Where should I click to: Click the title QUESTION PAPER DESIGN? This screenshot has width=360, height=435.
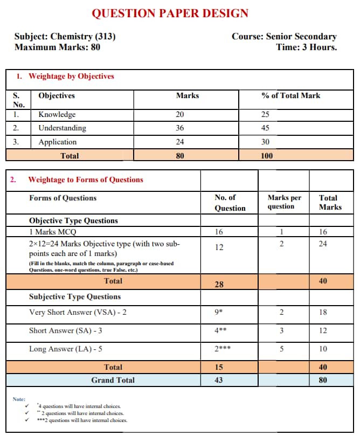(x=170, y=13)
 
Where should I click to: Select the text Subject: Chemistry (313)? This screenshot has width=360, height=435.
(x=65, y=37)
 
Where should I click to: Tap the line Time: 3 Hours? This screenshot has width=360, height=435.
(x=306, y=47)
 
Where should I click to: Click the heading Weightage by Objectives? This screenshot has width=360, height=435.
(x=71, y=77)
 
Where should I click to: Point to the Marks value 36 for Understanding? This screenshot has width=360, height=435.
(x=179, y=128)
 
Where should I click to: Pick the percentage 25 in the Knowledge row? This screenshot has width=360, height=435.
(x=265, y=115)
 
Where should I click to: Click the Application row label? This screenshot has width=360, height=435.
(x=57, y=142)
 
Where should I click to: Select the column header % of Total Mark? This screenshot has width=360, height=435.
(x=290, y=96)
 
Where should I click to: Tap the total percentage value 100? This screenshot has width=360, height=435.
(x=266, y=156)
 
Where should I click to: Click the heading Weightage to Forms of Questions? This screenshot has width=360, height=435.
(x=86, y=180)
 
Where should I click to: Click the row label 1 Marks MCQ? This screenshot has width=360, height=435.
(x=53, y=232)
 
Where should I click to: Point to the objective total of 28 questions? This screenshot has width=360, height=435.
(x=219, y=284)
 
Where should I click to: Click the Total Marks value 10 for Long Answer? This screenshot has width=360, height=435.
(x=323, y=349)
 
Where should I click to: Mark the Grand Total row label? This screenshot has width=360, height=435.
(x=113, y=381)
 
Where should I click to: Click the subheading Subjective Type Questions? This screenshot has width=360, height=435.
(x=75, y=297)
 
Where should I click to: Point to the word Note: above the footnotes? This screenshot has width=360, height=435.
(x=19, y=399)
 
